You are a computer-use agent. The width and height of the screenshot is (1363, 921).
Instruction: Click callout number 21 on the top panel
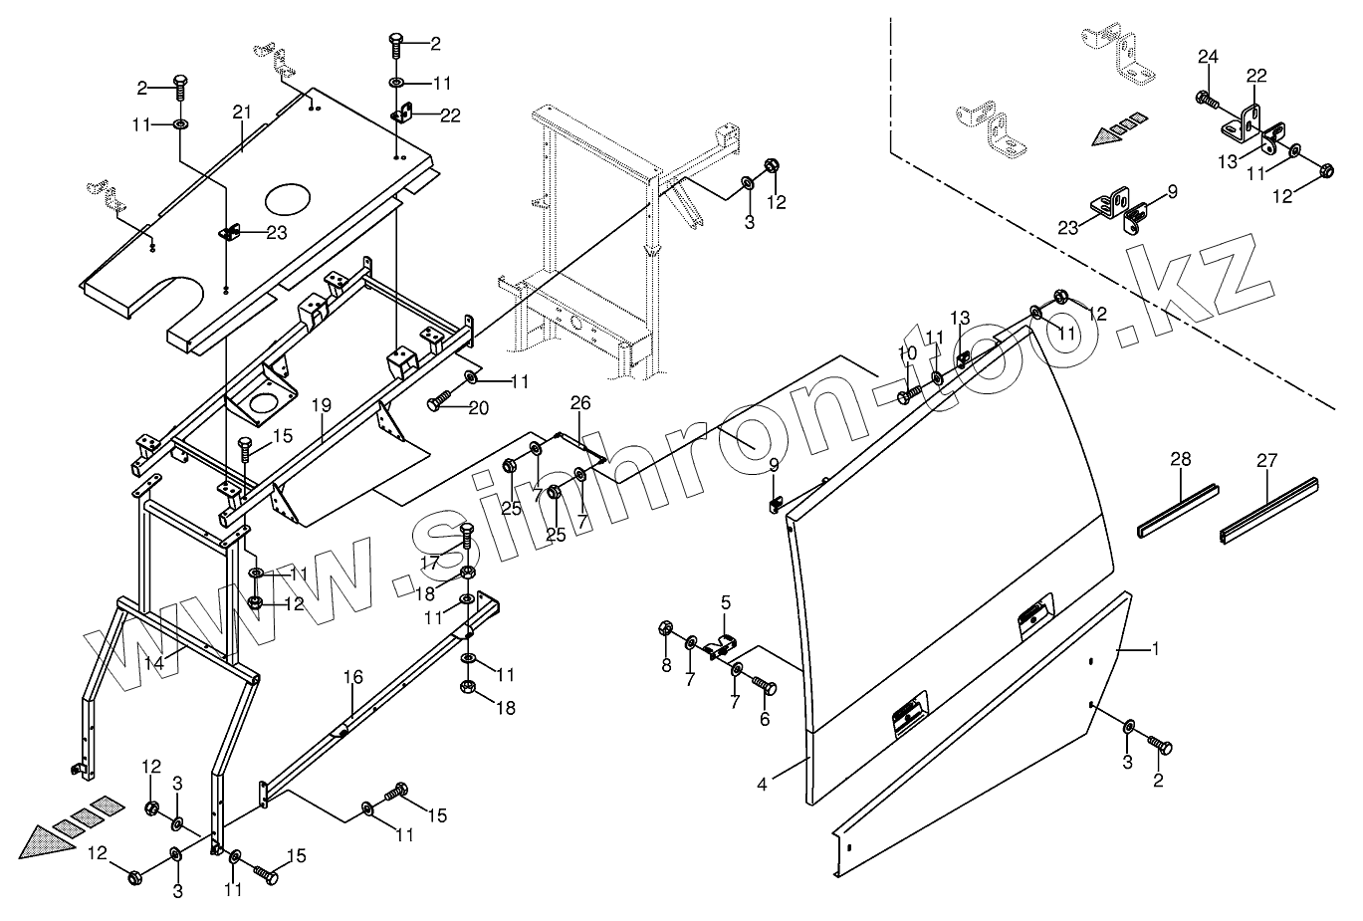(242, 112)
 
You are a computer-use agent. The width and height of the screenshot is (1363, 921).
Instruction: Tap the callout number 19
(322, 405)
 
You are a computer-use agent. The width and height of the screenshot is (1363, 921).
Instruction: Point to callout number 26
(580, 402)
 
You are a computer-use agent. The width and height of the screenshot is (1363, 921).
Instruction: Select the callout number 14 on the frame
(154, 662)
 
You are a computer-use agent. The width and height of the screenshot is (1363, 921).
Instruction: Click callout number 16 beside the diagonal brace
(352, 677)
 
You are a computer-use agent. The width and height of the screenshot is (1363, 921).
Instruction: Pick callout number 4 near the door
(762, 785)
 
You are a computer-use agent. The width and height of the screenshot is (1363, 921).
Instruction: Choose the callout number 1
(1155, 649)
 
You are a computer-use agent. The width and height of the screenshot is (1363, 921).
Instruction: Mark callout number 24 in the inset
(1208, 57)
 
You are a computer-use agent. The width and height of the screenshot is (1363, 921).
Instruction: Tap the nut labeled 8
(666, 628)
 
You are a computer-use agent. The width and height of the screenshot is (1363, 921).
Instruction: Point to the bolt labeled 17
(467, 535)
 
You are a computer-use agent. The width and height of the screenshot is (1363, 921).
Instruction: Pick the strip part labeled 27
(1269, 510)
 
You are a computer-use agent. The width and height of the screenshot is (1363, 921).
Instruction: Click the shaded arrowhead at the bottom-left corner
(47, 842)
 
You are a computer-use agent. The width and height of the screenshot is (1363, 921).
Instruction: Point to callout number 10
(907, 352)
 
